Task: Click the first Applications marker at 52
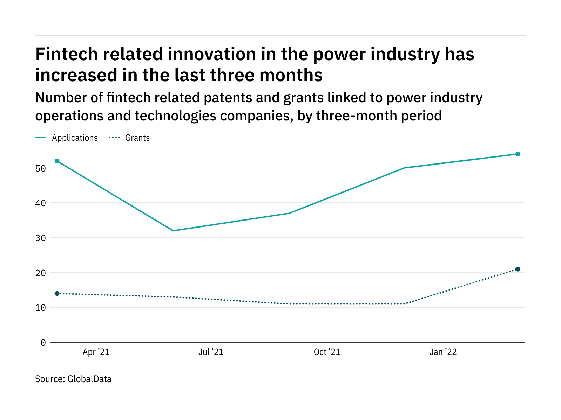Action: click(x=57, y=161)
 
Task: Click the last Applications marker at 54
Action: click(x=518, y=154)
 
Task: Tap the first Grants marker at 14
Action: click(x=57, y=293)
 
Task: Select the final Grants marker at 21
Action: click(x=518, y=269)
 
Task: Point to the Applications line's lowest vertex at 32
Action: click(x=173, y=231)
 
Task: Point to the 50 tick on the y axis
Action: click(x=41, y=168)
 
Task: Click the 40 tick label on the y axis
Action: click(x=41, y=203)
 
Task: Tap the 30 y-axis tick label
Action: click(x=41, y=238)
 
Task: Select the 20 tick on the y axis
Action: click(x=41, y=273)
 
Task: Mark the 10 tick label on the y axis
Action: click(x=41, y=308)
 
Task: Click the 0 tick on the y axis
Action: click(x=43, y=343)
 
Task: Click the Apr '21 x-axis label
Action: click(x=96, y=352)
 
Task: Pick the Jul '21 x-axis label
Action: click(x=211, y=352)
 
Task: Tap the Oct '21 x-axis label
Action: click(x=327, y=352)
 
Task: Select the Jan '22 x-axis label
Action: click(x=443, y=352)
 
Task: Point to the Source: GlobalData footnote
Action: click(x=73, y=379)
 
